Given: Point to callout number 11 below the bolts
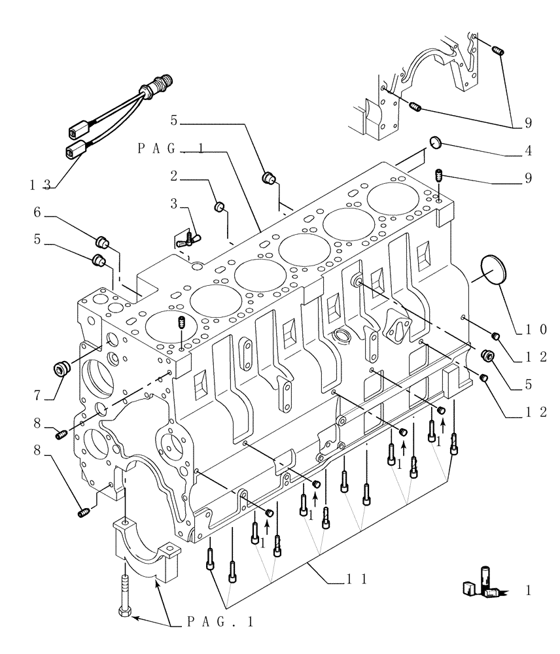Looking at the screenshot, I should (355, 578).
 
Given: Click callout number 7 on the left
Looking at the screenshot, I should (38, 396).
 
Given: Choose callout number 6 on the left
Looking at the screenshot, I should (38, 212).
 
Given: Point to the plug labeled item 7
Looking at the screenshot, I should (64, 369).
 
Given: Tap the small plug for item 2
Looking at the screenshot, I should (220, 208).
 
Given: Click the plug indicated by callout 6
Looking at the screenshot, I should (102, 239).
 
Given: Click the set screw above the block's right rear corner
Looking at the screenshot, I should (439, 176).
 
